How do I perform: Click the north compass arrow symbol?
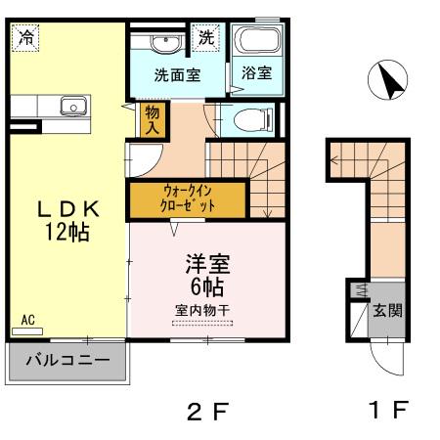click(x=388, y=82)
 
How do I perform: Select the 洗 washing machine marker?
click(x=206, y=37)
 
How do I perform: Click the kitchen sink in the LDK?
click(x=71, y=105)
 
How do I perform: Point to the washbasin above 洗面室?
click(x=161, y=42)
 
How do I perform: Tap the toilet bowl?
click(x=250, y=120)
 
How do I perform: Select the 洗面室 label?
click(x=177, y=74)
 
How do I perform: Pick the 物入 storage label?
click(x=152, y=119)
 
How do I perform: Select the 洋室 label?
click(x=203, y=265)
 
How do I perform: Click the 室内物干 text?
click(x=202, y=310)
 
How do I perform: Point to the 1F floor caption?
click(x=388, y=409)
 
